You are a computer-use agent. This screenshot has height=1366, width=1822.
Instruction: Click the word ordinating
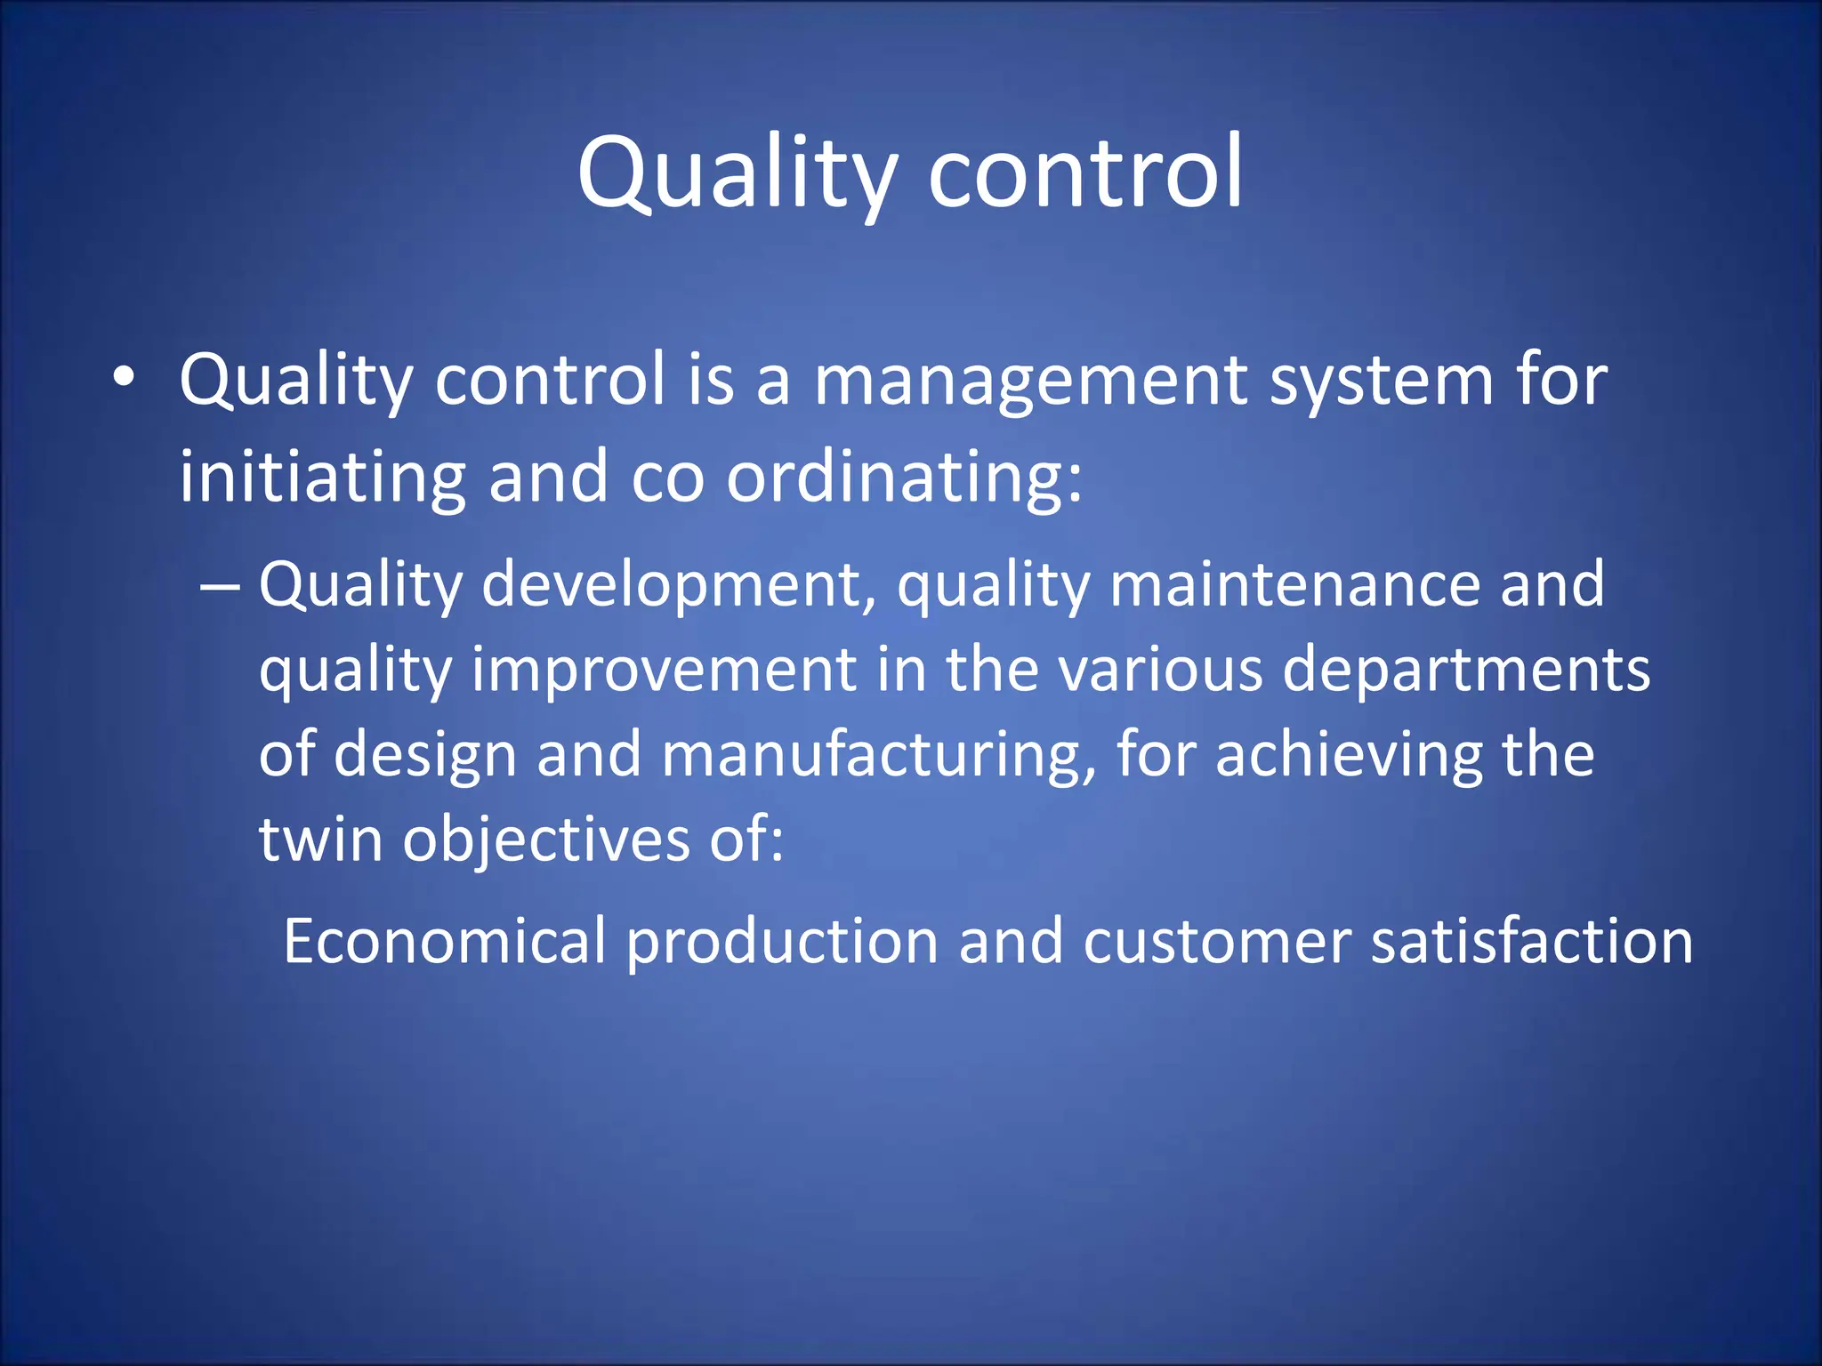point(904,478)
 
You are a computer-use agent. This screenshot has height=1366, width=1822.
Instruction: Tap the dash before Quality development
point(220,588)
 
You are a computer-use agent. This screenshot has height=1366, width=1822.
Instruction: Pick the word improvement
point(664,670)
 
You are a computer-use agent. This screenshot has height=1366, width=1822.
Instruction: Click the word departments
point(1465,670)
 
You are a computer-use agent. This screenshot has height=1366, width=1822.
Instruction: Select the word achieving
point(1348,754)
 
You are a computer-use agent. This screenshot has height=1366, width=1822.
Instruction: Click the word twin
point(320,839)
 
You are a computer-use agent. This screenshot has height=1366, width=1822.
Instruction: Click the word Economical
point(444,941)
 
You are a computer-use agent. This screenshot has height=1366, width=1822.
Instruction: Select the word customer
point(1216,941)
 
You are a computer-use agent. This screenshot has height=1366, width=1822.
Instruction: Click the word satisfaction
point(1531,941)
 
